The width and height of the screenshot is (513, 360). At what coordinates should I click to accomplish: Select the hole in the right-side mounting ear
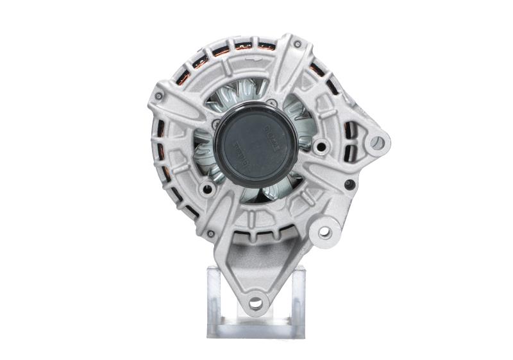377,142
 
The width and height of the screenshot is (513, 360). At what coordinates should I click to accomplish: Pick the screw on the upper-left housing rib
158,97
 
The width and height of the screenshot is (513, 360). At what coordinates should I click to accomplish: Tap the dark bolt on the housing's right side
349,184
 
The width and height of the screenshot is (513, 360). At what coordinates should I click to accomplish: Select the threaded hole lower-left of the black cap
206,189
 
